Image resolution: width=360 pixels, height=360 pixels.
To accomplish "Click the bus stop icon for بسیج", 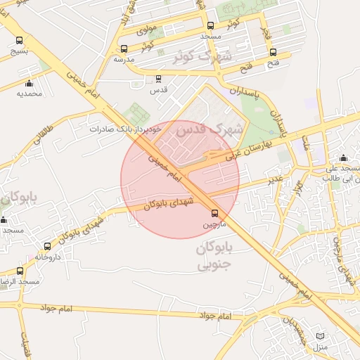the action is tap(19, 41).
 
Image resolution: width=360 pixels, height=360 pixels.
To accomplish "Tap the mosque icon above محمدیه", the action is tap(29, 84).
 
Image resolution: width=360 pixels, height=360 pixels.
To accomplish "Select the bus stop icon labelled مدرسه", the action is tap(124, 49).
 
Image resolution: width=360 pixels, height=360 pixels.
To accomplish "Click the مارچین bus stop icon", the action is tap(215, 213).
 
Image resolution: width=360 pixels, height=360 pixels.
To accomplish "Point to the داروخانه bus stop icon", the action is tap(47, 247).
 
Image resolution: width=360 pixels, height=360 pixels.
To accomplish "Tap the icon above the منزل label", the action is tap(321, 337).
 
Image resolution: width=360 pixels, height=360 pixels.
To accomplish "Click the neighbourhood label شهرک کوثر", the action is tap(204, 55).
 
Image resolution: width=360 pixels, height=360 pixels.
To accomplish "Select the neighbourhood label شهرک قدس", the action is tap(209, 130).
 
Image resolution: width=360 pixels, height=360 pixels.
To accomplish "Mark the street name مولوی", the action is tap(146, 30).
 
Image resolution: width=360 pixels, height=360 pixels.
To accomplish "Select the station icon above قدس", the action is tap(158, 79).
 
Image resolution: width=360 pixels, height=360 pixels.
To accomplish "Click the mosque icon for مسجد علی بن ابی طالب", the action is tap(343, 158).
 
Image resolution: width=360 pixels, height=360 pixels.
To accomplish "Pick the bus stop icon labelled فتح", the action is tap(274, 52).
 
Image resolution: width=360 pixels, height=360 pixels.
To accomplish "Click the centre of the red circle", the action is tap(180, 179).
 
